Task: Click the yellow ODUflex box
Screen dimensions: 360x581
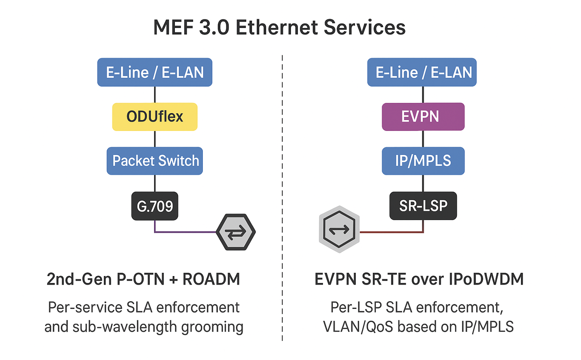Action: [155, 117]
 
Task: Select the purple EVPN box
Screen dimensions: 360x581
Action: [423, 117]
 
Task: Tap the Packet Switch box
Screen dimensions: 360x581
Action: [155, 161]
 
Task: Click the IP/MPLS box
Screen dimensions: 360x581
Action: [423, 161]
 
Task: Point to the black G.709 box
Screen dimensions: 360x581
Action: [155, 206]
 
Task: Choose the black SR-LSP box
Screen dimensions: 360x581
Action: [423, 206]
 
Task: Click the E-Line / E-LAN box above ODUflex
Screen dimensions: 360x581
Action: [155, 72]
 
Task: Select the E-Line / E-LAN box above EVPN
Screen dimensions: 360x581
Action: [422, 72]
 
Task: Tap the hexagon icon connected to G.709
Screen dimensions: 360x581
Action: [236, 232]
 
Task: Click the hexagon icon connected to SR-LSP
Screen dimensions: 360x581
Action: [339, 229]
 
